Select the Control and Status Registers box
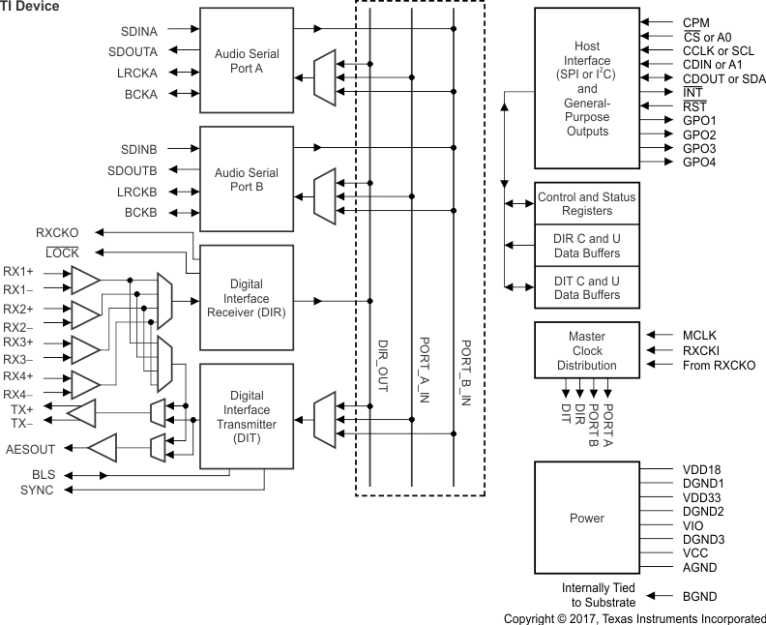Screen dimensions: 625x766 tap(587, 204)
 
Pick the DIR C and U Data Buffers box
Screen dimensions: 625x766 tap(587, 246)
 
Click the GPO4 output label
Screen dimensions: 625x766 tap(699, 163)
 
